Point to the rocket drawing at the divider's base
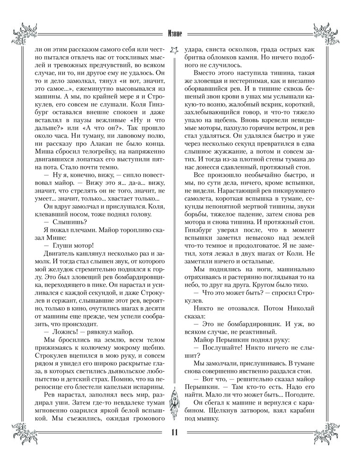pyautogui.click(x=176, y=406)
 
